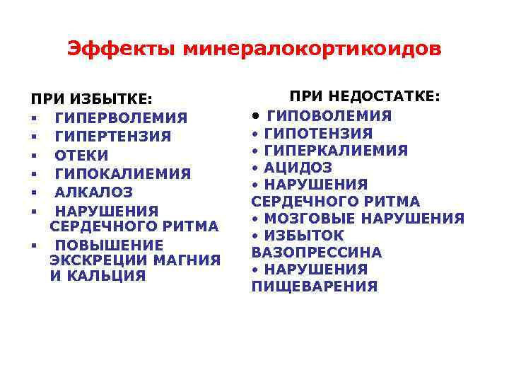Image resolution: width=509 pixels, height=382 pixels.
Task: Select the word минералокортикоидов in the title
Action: (312, 49)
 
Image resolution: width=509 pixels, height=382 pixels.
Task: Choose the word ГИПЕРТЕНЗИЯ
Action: (113, 137)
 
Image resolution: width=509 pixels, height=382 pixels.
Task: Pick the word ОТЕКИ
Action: (82, 155)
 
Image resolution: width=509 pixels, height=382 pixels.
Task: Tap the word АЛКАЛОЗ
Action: (94, 192)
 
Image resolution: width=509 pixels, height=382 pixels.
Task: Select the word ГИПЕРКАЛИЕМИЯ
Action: (337, 151)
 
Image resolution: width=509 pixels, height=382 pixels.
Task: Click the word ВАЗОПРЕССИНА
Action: (317, 253)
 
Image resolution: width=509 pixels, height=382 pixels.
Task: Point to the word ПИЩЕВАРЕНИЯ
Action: (315, 286)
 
